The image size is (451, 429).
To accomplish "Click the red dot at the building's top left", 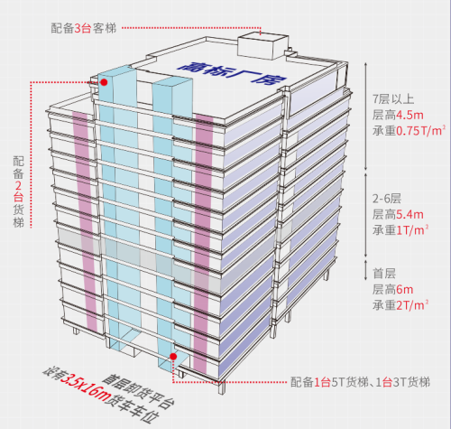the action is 104,82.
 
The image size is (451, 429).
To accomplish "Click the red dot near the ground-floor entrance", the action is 173,357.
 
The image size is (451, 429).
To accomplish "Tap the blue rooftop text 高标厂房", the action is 232,73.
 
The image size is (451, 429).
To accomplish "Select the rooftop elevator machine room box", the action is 263,46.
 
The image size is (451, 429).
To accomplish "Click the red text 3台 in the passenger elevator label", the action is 83,28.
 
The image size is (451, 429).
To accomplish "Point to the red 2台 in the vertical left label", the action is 18,191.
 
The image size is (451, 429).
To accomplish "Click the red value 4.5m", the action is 410,115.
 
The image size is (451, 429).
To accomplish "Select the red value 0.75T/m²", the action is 421,131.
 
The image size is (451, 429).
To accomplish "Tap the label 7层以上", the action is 393,99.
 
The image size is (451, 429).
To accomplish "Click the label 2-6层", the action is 387,199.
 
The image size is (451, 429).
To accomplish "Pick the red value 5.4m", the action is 410,214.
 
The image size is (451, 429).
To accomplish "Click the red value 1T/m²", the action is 412,230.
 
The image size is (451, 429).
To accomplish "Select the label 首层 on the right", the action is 384,274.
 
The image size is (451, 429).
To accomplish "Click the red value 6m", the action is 405,289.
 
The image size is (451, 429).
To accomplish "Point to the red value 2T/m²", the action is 412,305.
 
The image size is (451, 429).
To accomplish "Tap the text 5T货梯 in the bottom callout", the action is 350,382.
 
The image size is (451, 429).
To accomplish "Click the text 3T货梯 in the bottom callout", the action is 411,382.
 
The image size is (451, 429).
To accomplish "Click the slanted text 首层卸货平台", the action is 139,391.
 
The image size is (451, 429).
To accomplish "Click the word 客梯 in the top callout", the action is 105,28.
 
